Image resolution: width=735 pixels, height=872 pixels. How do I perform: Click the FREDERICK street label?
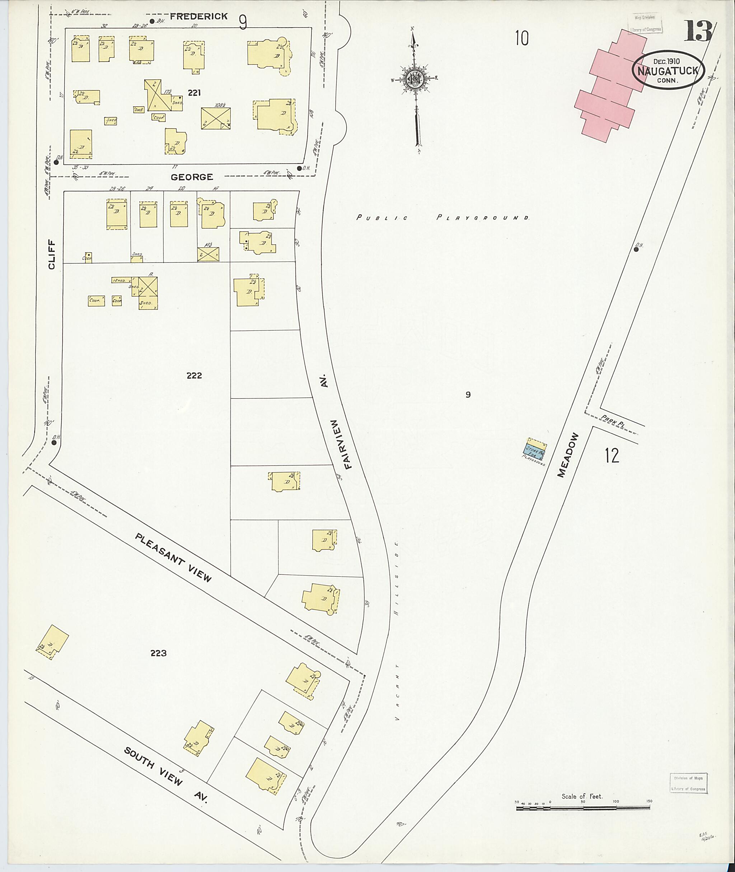click(x=199, y=16)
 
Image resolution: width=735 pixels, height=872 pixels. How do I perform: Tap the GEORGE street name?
click(x=192, y=177)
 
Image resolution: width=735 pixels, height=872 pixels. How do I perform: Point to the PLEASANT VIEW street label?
click(x=173, y=557)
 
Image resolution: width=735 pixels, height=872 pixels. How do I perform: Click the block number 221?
click(x=194, y=93)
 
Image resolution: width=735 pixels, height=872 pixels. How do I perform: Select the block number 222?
click(x=194, y=376)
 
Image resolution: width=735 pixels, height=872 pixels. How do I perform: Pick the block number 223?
click(x=158, y=653)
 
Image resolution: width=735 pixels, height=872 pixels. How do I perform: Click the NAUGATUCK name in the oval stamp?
click(x=668, y=71)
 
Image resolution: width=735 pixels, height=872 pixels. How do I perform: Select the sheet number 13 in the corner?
click(x=698, y=32)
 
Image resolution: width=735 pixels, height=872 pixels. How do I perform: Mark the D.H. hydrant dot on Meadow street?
click(x=636, y=249)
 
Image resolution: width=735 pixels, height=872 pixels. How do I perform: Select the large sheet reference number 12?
click(x=612, y=455)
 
